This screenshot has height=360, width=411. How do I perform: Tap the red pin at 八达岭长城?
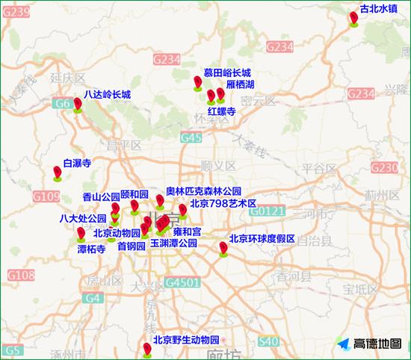pyautogui.click(x=78, y=105)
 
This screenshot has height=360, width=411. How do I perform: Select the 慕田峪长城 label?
pyautogui.click(x=227, y=72)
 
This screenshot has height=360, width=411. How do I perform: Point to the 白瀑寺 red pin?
pyautogui.click(x=58, y=173)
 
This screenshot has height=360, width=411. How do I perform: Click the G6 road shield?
pyautogui.click(x=62, y=105)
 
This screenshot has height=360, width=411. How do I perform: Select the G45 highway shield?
pyautogui.click(x=191, y=137)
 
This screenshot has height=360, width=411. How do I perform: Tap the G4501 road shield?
pyautogui.click(x=182, y=283)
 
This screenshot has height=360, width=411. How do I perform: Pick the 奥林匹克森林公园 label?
pyautogui.click(x=203, y=191)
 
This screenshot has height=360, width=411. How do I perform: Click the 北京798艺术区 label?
pyautogui.click(x=223, y=203)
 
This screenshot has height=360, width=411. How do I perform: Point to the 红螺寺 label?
pyautogui.click(x=222, y=111)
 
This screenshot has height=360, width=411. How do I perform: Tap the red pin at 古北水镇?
pyautogui.click(x=355, y=18)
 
